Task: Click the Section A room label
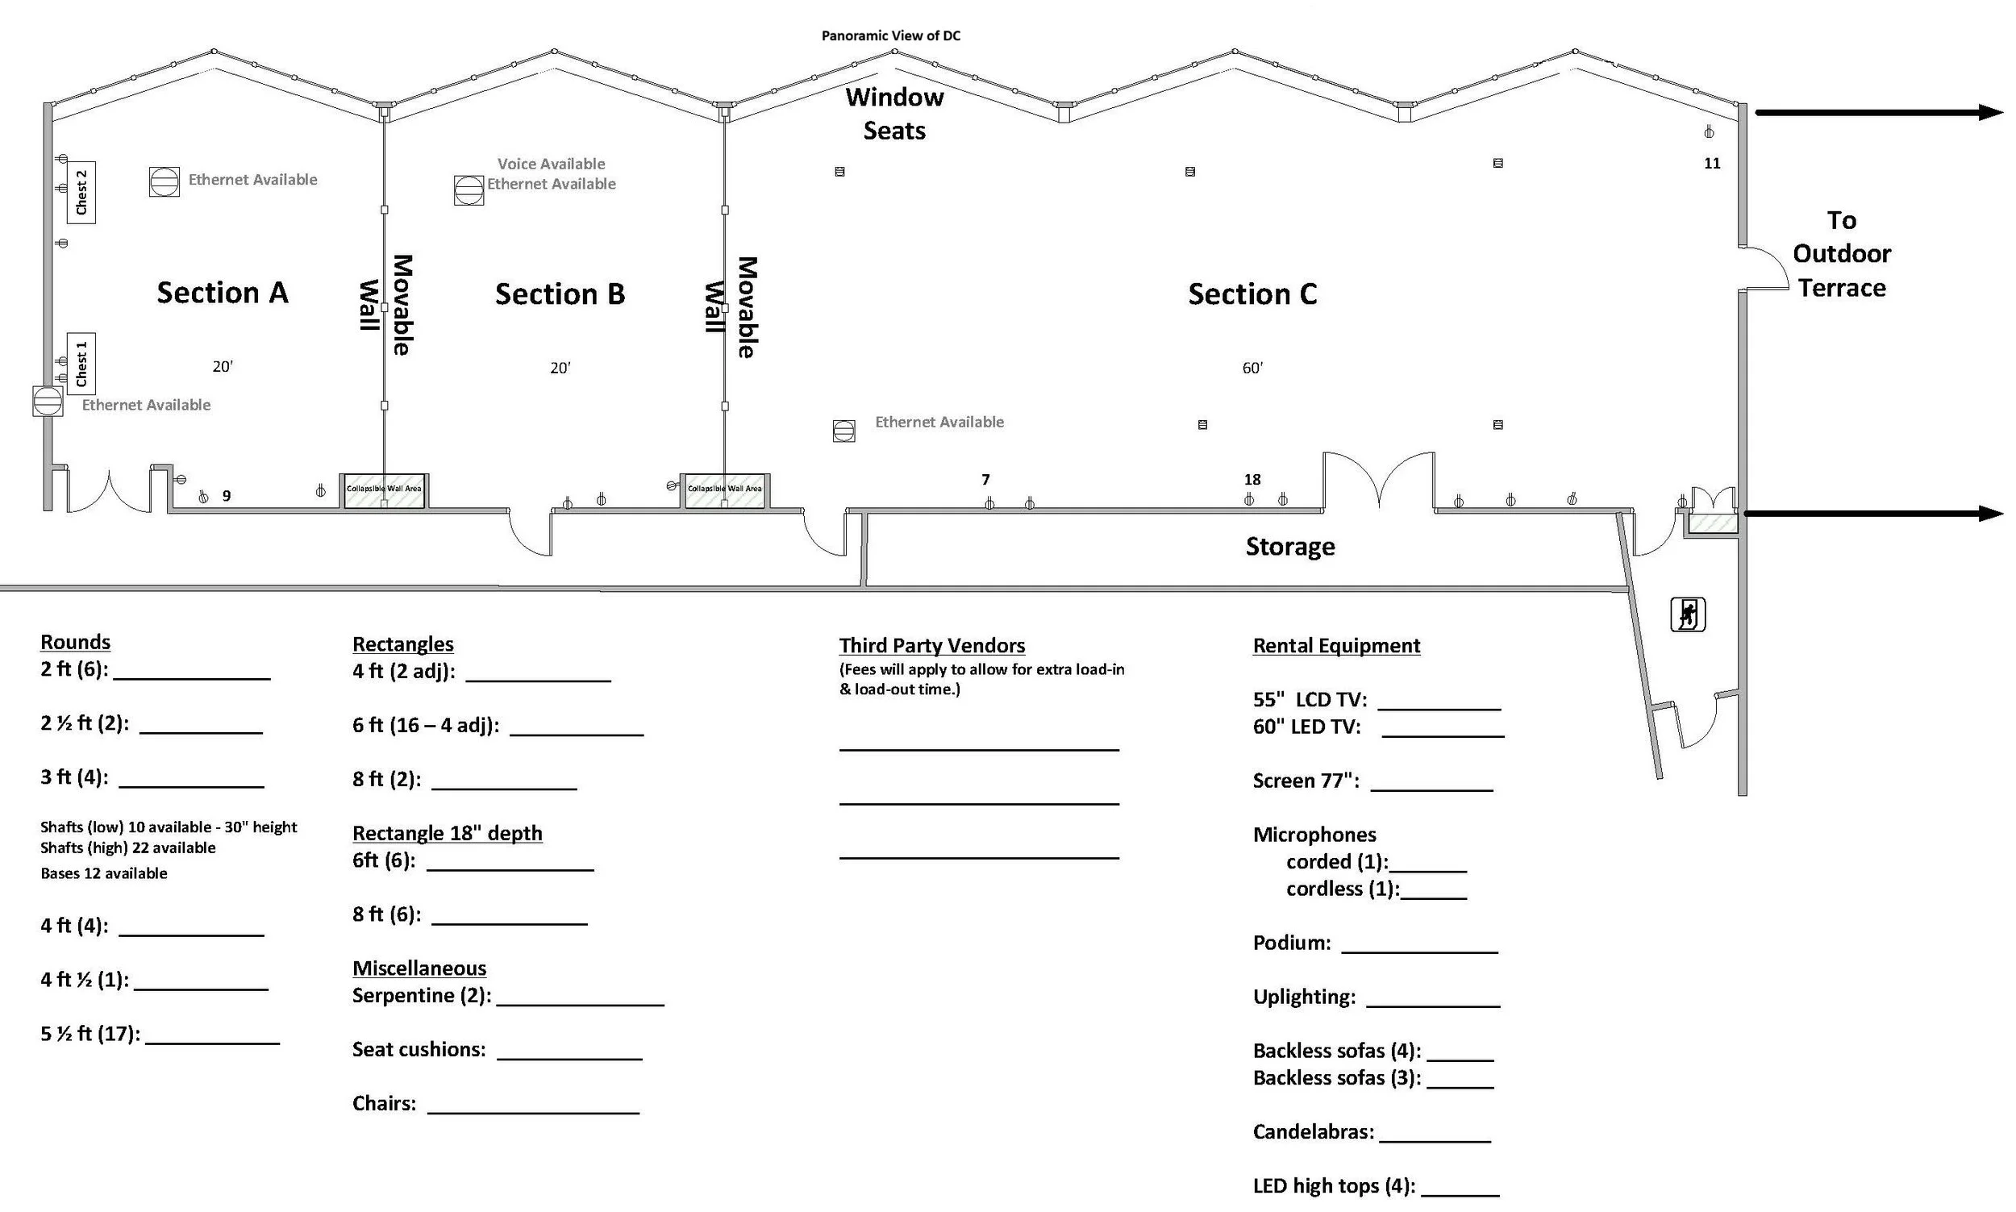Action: pyautogui.click(x=222, y=293)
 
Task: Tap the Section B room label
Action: pyautogui.click(x=560, y=294)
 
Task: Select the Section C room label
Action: pyautogui.click(x=1252, y=294)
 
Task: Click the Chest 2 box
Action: pyautogui.click(x=81, y=193)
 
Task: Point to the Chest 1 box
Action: pyautogui.click(x=81, y=364)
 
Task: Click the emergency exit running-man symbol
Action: pyautogui.click(x=1688, y=615)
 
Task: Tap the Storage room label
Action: pyautogui.click(x=1290, y=547)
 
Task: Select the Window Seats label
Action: pyautogui.click(x=895, y=114)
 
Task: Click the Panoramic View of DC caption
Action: pyautogui.click(x=891, y=36)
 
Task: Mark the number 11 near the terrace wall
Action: pyautogui.click(x=1712, y=164)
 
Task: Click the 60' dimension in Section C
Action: pyautogui.click(x=1252, y=369)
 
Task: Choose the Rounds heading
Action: pyautogui.click(x=75, y=642)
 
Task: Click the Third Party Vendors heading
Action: pyautogui.click(x=931, y=645)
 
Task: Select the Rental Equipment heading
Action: pyautogui.click(x=1337, y=645)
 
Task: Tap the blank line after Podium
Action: pyautogui.click(x=1420, y=952)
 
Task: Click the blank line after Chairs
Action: pyautogui.click(x=533, y=1112)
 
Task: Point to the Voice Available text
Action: pyautogui.click(x=551, y=165)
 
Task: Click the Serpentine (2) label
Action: pyautogui.click(x=422, y=996)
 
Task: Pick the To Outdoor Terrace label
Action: pyautogui.click(x=1842, y=254)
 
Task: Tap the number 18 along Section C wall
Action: pyautogui.click(x=1252, y=480)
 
